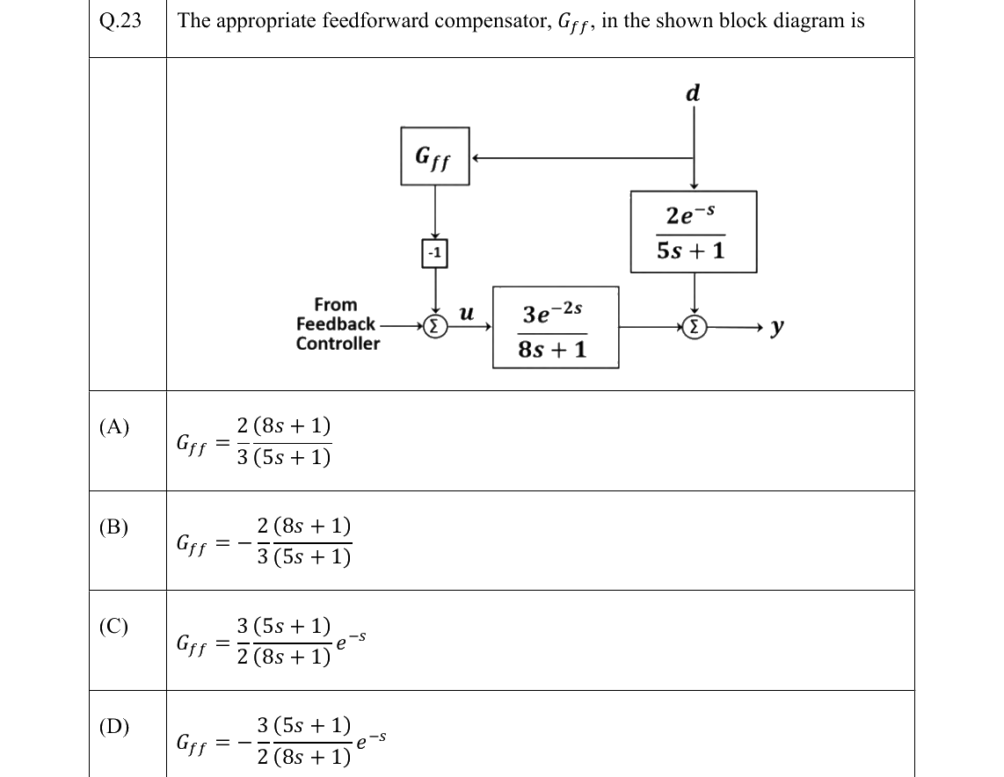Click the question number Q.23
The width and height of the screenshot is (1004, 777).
click(120, 20)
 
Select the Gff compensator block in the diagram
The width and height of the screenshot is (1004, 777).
click(435, 156)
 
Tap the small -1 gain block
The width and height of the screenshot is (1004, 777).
click(435, 253)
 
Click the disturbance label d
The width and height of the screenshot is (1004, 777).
click(693, 93)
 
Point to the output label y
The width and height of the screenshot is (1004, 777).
click(776, 327)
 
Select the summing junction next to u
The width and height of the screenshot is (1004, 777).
click(435, 326)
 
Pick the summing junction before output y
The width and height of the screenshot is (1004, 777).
click(694, 327)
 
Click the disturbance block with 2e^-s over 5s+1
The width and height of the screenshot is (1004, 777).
click(694, 232)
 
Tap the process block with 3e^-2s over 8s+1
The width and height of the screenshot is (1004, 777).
click(556, 327)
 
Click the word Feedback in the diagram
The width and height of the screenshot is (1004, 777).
click(336, 323)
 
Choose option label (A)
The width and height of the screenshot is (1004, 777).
click(114, 426)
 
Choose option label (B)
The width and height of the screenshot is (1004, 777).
click(114, 526)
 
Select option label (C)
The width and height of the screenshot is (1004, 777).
click(114, 626)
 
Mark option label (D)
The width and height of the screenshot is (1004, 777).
click(114, 726)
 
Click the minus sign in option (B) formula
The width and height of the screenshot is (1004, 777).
click(244, 543)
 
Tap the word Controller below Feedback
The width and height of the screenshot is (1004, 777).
click(338, 344)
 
